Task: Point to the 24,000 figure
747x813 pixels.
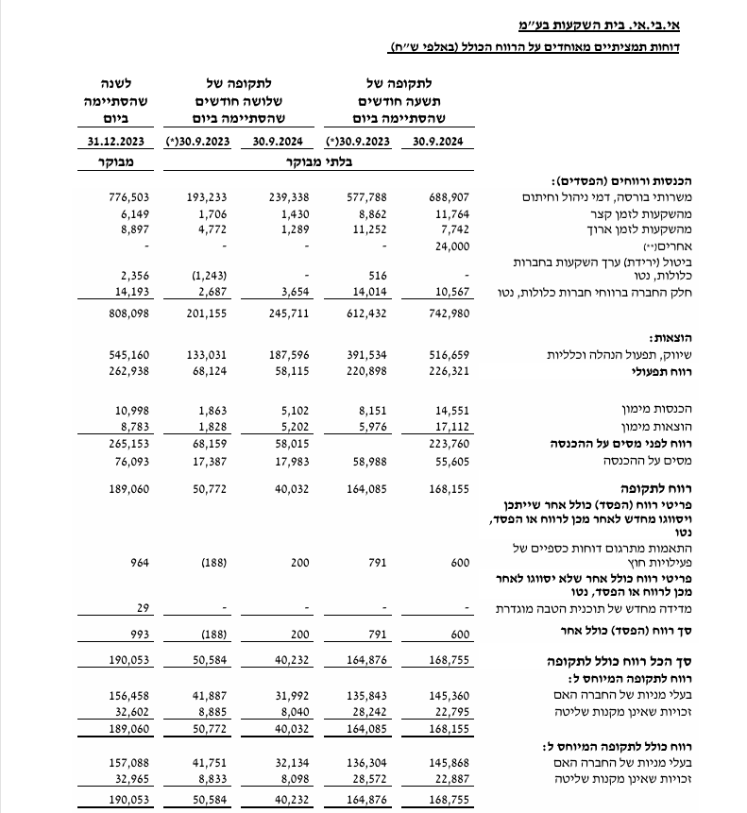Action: pos(450,246)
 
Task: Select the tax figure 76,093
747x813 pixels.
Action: pos(131,459)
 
